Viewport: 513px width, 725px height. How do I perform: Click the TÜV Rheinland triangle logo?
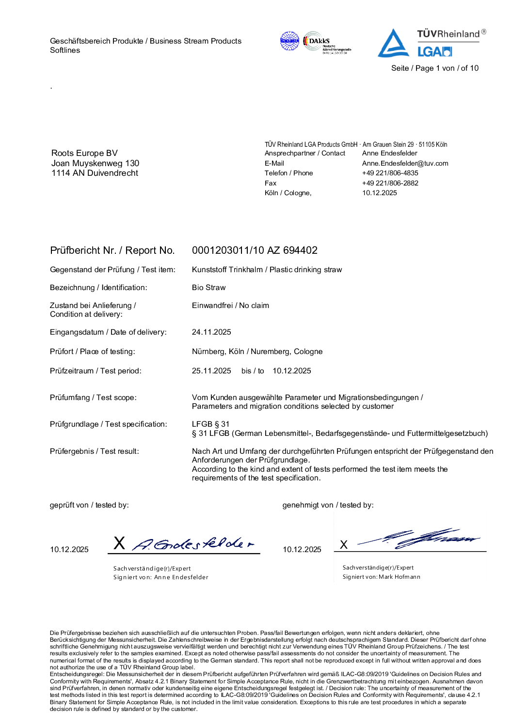pyautogui.click(x=393, y=44)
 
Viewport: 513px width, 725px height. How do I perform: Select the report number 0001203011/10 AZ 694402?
pyautogui.click(x=255, y=250)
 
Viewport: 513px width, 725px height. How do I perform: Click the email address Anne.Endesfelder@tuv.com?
pyautogui.click(x=405, y=163)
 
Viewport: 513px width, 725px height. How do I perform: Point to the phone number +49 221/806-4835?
pyautogui.click(x=390, y=173)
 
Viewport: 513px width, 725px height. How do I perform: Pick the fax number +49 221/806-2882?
pyautogui.click(x=390, y=183)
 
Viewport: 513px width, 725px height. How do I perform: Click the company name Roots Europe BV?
pyautogui.click(x=84, y=153)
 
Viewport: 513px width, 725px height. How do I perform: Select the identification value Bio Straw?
pyautogui.click(x=208, y=288)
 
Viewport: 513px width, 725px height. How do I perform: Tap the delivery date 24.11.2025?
pyautogui.click(x=211, y=332)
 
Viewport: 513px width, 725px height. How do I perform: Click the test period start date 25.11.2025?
pyautogui.click(x=211, y=371)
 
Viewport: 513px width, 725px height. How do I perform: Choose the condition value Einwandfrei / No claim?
pyautogui.click(x=230, y=306)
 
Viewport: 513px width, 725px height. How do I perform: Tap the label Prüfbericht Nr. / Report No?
pyautogui.click(x=112, y=250)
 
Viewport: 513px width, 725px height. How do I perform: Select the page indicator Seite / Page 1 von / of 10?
pyautogui.click(x=434, y=68)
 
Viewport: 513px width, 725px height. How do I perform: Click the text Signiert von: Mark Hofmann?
pyautogui.click(x=381, y=577)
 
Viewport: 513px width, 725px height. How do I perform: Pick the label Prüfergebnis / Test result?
pyautogui.click(x=94, y=451)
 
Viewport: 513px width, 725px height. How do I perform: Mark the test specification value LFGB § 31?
pyautogui.click(x=210, y=424)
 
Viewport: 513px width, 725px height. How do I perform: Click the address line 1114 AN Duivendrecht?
pyautogui.click(x=95, y=173)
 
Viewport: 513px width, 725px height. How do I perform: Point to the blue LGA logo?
pyautogui.click(x=434, y=52)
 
